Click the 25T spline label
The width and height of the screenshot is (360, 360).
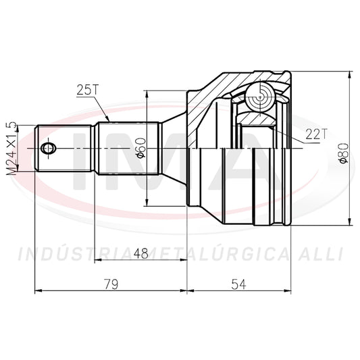(88, 90)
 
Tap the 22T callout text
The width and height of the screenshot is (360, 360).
(315, 134)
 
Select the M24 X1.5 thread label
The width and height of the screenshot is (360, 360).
(11, 149)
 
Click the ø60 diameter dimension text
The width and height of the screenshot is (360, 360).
(141, 149)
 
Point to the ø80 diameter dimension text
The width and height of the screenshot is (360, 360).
(344, 153)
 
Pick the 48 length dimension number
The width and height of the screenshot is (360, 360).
(141, 253)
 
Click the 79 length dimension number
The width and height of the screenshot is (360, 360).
(111, 284)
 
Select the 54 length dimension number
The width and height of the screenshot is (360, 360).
(239, 284)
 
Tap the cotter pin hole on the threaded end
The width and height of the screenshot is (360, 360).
(48, 148)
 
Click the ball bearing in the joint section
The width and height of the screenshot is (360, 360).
(260, 97)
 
